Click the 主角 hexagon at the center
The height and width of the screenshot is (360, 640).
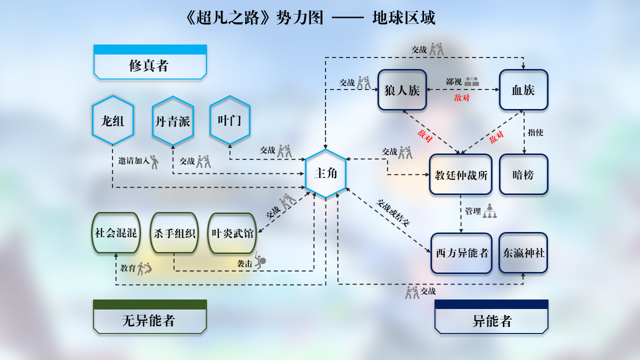coord(325,173)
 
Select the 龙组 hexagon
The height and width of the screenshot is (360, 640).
coord(113,120)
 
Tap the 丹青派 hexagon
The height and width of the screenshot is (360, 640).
coord(172,121)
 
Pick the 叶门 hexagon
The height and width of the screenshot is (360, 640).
coord(229,120)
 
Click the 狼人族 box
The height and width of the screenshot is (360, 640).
coord(402,90)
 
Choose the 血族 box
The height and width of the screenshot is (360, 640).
coord(523,90)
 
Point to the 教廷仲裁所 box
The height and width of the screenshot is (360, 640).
coord(461,174)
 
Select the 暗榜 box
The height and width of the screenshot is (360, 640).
coord(523,174)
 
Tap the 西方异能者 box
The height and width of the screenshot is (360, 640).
coord(461,253)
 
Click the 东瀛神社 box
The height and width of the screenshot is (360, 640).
coord(523,253)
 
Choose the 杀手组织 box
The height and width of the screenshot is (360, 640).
coord(174,233)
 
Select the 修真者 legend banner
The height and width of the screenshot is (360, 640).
coord(150,65)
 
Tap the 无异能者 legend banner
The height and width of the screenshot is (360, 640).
coord(150,320)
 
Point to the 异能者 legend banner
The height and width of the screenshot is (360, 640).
coord(491,320)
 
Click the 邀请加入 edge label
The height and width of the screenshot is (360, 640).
coord(133,161)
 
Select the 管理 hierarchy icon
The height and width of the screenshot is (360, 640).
coord(489,211)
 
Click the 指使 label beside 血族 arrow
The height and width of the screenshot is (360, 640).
coord(535,132)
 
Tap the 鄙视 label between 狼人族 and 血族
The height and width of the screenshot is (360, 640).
coord(454,81)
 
